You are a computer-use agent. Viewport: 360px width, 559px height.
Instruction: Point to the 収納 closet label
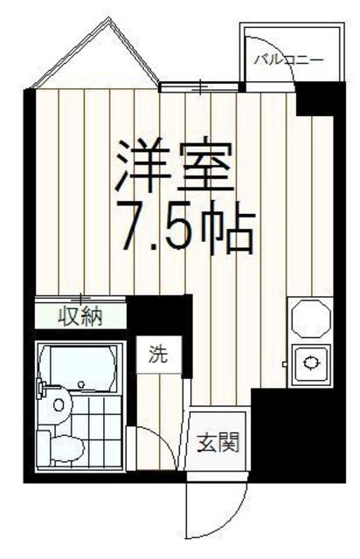[x=80, y=315]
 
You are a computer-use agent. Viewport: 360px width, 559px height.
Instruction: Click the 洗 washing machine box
[x=157, y=355]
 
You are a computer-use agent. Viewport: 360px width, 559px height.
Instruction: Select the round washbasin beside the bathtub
[x=58, y=404]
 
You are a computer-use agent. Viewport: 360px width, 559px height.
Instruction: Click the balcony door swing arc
[x=271, y=61]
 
